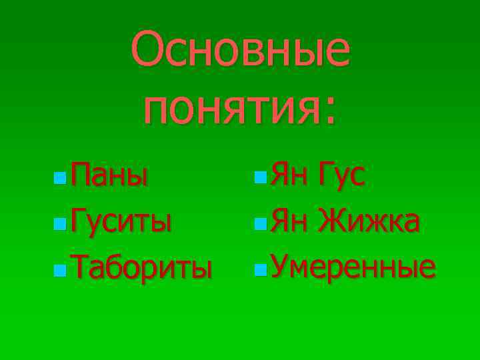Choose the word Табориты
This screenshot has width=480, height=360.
click(141, 266)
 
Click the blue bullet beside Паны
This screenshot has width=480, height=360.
click(61, 179)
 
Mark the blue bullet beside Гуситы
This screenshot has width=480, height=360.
click(61, 223)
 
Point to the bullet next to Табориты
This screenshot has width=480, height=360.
click(61, 269)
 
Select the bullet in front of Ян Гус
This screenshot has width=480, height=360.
click(261, 179)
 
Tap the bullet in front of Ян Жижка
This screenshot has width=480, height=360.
click(261, 223)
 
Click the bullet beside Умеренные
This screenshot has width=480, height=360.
click(261, 269)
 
